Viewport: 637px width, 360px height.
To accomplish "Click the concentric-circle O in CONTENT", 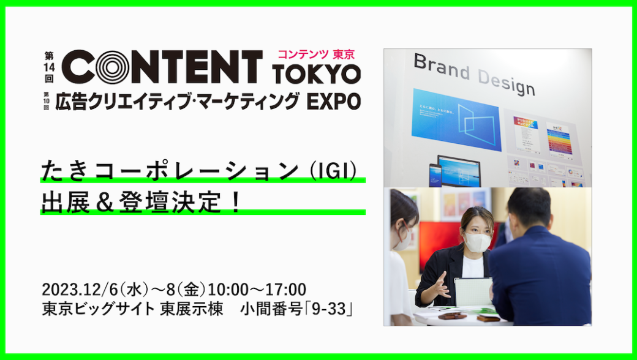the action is tap(113, 67).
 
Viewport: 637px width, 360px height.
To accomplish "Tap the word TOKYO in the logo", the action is tap(317, 74).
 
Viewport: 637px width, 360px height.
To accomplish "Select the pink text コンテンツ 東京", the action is tap(317, 54).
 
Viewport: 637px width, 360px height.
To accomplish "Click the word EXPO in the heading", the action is tap(334, 101).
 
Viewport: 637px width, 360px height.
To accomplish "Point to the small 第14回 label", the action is tap(49, 67).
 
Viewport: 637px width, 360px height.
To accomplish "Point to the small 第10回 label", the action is tap(47, 101).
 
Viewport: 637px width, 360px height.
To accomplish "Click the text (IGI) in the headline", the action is tap(333, 171).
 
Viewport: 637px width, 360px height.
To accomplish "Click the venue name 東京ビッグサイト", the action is tap(99, 309).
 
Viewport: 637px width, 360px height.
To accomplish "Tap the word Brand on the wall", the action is tap(442, 67).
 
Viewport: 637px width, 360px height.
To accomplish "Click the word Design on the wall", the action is tap(506, 83).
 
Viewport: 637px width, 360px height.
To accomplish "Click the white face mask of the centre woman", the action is tap(477, 242).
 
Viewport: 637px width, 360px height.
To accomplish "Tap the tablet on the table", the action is tap(473, 292).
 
